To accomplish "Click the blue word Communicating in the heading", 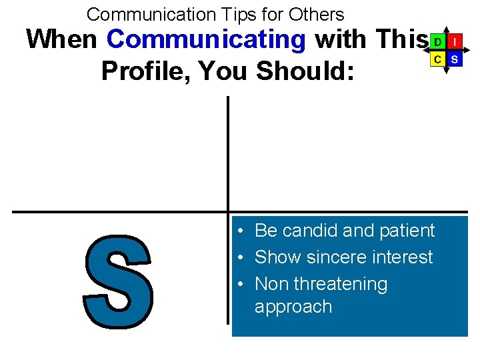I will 206,40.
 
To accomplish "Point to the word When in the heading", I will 61,40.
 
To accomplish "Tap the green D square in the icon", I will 437,42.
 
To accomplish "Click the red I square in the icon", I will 454,42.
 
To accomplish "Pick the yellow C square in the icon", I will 437,59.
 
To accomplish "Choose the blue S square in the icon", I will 454,59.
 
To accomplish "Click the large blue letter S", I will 119,282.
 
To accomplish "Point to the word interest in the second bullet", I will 403,257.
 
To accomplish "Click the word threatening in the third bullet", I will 340,284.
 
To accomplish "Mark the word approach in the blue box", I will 293,307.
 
